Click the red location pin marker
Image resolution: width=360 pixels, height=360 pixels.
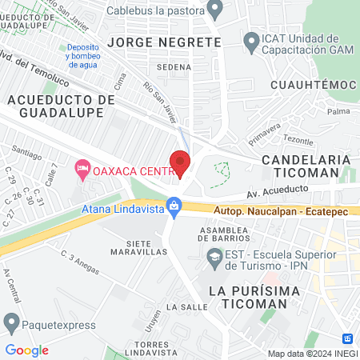pyautogui.click(x=180, y=162)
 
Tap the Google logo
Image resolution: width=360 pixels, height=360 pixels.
pyautogui.click(x=27, y=350)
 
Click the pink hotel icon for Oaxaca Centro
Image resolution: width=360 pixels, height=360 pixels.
pyautogui.click(x=82, y=169)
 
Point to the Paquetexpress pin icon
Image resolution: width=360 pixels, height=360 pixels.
pyautogui.click(x=11, y=324)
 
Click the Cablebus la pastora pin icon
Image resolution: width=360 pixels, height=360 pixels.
pyautogui.click(x=214, y=10)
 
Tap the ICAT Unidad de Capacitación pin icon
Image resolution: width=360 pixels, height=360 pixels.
pyautogui.click(x=250, y=40)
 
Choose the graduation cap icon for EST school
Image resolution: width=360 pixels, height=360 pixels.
pyautogui.click(x=214, y=258)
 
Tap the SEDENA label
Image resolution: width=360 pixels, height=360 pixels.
pyautogui.click(x=174, y=67)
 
